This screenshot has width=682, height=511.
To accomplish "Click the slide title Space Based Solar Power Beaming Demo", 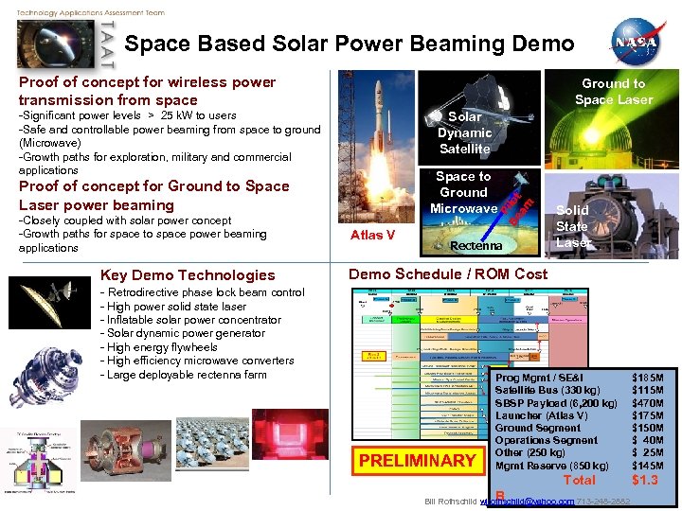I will pos(349,44).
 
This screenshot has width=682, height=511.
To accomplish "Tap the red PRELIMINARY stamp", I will pos(417,461).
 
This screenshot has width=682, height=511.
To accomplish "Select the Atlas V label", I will pos(372,235).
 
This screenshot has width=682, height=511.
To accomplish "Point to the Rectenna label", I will pos(476,246).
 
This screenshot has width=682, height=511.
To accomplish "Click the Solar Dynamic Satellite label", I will pos(464,132).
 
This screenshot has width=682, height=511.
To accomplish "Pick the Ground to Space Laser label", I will pos(613,91).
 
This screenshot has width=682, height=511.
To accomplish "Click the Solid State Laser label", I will pos(572,226).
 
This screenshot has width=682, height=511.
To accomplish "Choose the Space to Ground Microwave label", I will pos(463,192).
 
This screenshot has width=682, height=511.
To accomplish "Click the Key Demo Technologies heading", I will pos(188,275).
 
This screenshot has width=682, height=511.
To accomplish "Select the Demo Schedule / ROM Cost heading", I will pos(448,274).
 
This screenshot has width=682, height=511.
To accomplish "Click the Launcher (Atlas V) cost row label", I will pos(541,415).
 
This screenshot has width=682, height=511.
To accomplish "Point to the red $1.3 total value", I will pos(647,480).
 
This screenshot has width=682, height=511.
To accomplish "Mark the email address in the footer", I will pos(527,501).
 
